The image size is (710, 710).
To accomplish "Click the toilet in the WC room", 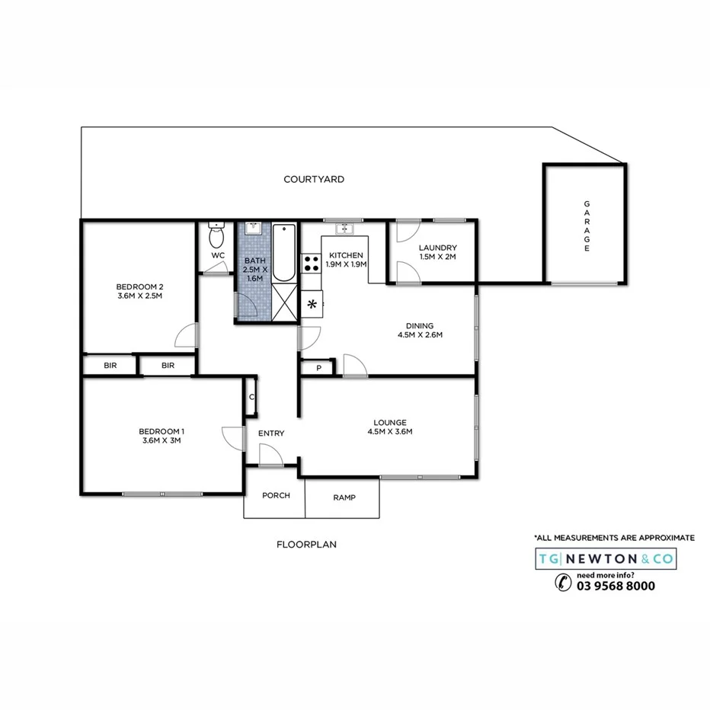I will (x=217, y=233).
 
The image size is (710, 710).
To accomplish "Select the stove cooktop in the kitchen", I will (x=312, y=263).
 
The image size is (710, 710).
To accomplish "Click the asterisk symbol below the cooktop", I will (x=312, y=305).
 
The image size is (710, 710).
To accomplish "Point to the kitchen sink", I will (x=344, y=228).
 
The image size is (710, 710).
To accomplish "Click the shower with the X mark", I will (x=286, y=303).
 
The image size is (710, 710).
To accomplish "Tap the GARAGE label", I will (x=587, y=225).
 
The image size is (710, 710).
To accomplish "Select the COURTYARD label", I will (x=314, y=180).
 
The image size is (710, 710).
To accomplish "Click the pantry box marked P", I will (x=318, y=369).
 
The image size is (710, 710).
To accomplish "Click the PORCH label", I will (x=276, y=495).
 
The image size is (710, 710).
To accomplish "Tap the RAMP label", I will (x=344, y=497).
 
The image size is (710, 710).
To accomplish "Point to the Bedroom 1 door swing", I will (x=232, y=437).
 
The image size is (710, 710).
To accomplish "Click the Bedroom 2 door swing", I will (x=187, y=336).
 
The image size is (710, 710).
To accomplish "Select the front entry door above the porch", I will (x=270, y=456).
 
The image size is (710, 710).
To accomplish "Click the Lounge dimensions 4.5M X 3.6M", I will (x=389, y=432).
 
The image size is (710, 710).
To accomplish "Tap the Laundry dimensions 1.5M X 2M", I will (x=437, y=257).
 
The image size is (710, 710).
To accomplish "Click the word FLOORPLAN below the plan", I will (x=306, y=545).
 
